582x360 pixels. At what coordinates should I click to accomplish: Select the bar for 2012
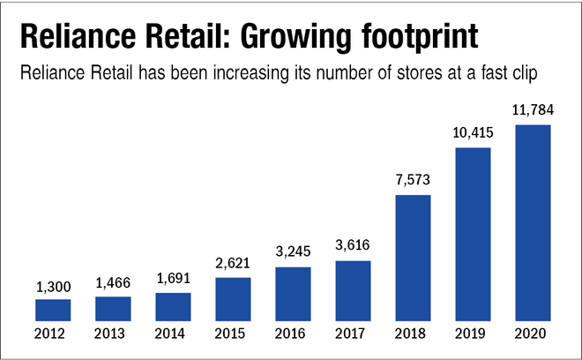53,310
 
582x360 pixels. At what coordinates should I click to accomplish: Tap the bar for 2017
353,290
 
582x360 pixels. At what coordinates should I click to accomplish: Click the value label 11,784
533,112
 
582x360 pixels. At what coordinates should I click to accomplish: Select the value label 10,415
473,135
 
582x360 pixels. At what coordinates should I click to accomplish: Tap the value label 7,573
413,182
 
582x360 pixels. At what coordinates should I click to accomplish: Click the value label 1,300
53,287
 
